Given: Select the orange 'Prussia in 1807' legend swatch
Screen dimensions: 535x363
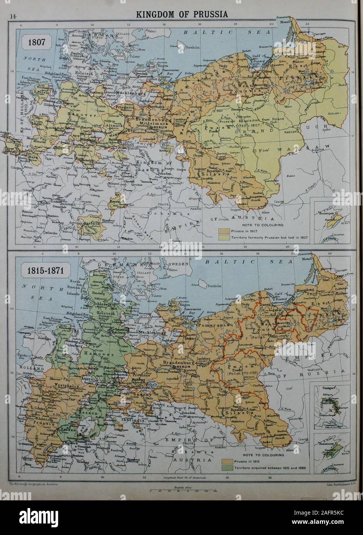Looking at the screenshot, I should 224,231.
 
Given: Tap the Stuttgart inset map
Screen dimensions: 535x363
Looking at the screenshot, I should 332,406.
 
